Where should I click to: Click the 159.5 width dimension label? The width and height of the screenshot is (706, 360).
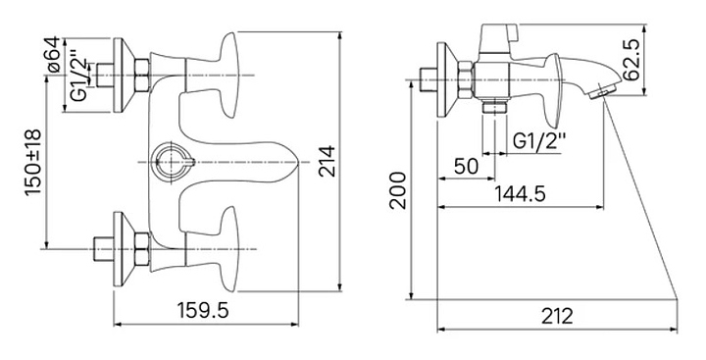click(203, 310)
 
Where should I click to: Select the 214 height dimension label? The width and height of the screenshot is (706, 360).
click(327, 161)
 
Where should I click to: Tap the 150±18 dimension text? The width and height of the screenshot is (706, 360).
click(33, 163)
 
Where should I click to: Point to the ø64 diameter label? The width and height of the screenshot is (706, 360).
click(53, 55)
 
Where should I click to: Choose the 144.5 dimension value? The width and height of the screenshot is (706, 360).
click(520, 194)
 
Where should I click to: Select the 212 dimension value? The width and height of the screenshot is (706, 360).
click(557, 316)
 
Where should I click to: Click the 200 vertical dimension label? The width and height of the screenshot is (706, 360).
click(398, 190)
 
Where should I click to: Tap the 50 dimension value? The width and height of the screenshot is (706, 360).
click(466, 166)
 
